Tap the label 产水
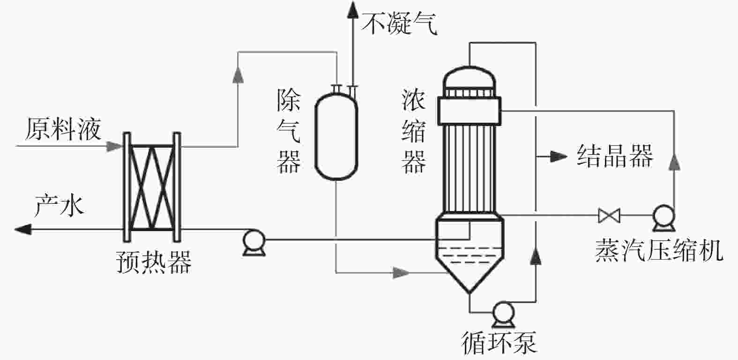(x=60, y=205)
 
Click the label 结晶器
(x=615, y=156)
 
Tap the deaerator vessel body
(x=335, y=136)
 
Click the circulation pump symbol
(x=504, y=313)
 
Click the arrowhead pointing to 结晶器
(x=559, y=156)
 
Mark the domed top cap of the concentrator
(x=469, y=77)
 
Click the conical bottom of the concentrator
(x=470, y=277)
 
